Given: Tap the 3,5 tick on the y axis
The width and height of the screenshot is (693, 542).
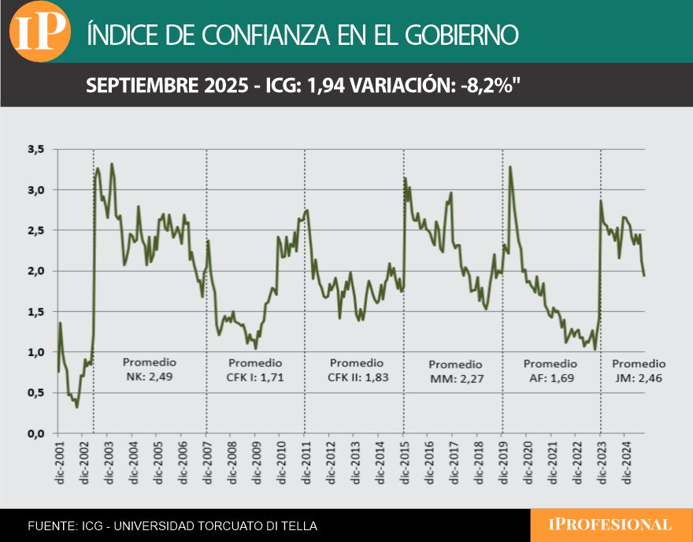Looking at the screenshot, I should click(x=36, y=149).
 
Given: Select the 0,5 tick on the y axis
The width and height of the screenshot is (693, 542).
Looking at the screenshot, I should click(x=36, y=392).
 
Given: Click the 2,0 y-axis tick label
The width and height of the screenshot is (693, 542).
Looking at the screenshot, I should click(x=36, y=271).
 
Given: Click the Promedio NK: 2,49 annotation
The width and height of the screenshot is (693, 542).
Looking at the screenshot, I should click(x=150, y=369).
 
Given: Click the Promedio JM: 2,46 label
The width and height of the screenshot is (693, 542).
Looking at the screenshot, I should click(x=639, y=371).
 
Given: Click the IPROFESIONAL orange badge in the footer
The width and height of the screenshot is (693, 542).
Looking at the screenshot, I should click(x=611, y=525).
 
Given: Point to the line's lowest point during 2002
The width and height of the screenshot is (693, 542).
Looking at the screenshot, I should click(x=76, y=406).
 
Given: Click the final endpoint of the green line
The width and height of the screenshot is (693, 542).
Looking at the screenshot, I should click(x=644, y=275).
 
